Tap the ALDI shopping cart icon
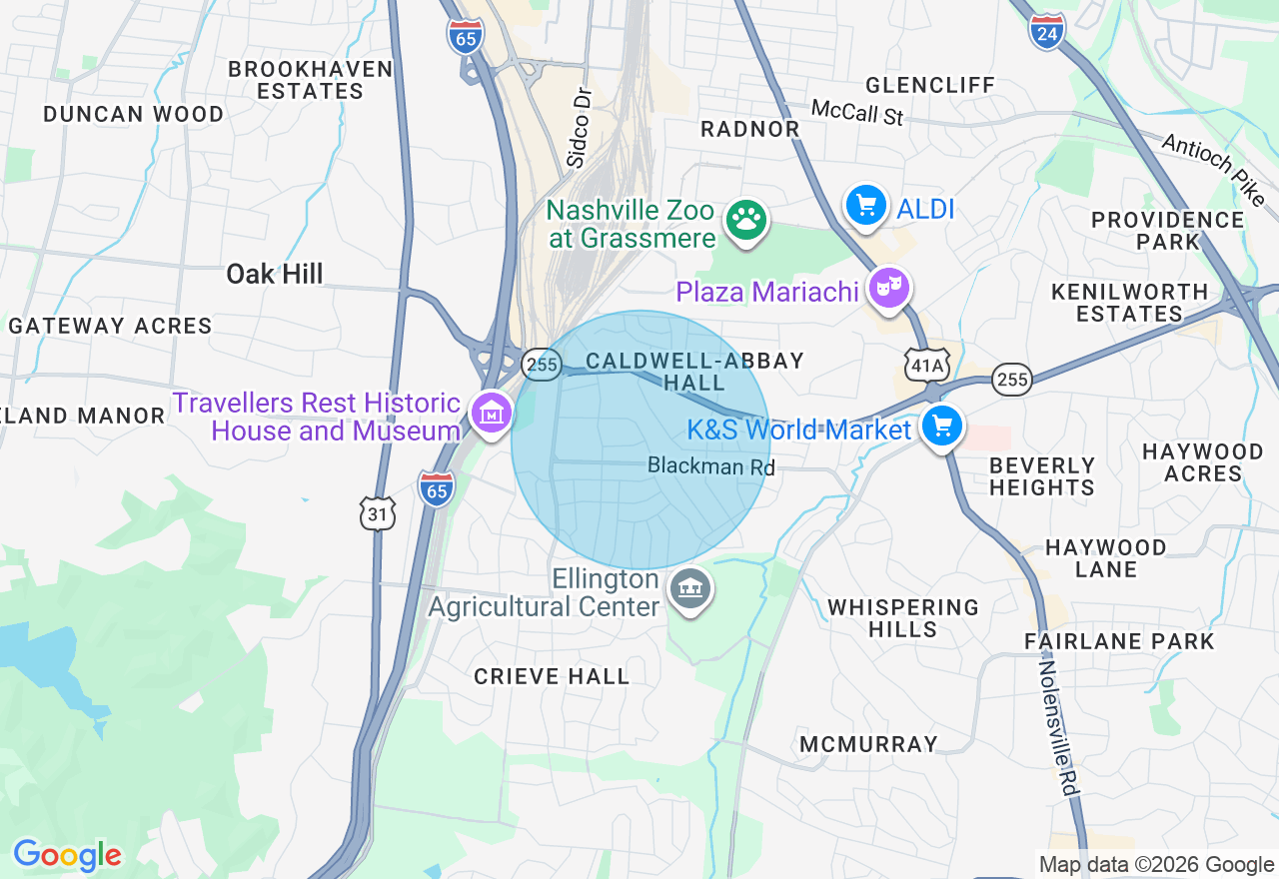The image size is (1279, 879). (865, 206)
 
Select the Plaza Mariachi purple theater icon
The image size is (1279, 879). (888, 289)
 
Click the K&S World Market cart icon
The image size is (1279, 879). (941, 427)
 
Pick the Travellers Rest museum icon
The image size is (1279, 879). (492, 413)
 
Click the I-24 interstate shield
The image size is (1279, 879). (1046, 32)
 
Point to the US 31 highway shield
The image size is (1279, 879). (378, 513)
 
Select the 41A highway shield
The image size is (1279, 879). (925, 366)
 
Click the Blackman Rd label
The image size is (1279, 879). (711, 466)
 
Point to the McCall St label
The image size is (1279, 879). (856, 112)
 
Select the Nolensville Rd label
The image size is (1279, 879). (1059, 727)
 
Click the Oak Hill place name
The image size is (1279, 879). (275, 274)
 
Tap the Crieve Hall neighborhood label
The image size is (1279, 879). (552, 676)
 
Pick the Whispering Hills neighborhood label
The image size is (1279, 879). (903, 618)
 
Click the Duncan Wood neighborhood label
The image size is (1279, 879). (134, 114)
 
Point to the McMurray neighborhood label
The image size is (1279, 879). (868, 744)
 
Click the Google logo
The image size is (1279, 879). (67, 855)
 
